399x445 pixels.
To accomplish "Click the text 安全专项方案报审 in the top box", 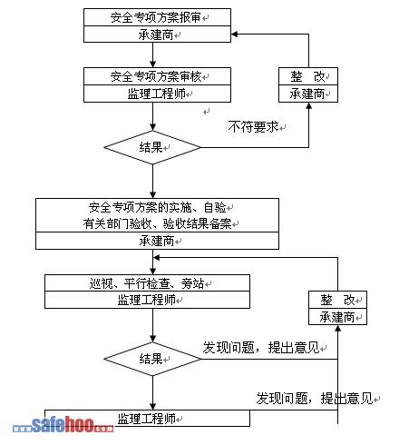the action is pyautogui.click(x=156, y=17).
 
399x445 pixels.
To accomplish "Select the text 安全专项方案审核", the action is pyautogui.click(x=156, y=76).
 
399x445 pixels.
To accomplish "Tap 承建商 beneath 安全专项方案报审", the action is pyautogui.click(x=156, y=35).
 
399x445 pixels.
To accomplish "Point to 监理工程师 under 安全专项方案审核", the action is pyautogui.click(x=156, y=94).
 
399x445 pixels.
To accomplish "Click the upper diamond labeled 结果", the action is pyautogui.click(x=152, y=147).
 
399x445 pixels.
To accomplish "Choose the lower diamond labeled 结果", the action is pyautogui.click(x=152, y=359).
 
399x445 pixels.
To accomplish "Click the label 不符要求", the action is pyautogui.click(x=253, y=126).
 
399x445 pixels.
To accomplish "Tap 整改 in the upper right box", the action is pyautogui.click(x=307, y=76).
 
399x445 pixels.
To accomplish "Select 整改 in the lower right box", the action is pyautogui.click(x=337, y=300).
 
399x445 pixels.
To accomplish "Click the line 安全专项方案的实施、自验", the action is pyautogui.click(x=157, y=207).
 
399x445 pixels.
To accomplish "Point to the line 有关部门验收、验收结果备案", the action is pyautogui.click(x=157, y=223).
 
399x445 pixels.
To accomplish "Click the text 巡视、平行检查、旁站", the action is pyautogui.click(x=147, y=283).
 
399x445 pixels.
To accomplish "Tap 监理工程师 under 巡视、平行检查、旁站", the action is pyautogui.click(x=147, y=300).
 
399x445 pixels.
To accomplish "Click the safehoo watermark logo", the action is pyautogui.click(x=63, y=424).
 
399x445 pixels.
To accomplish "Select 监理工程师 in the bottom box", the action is pyautogui.click(x=147, y=419).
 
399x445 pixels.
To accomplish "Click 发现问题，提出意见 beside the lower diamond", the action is pyautogui.click(x=261, y=348).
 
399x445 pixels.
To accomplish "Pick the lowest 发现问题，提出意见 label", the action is pyautogui.click(x=315, y=399).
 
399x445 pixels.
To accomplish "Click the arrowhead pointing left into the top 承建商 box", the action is pyautogui.click(x=234, y=34).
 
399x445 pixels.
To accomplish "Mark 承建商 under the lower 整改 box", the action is pyautogui.click(x=337, y=317).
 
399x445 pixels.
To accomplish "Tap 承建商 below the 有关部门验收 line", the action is pyautogui.click(x=157, y=241).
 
